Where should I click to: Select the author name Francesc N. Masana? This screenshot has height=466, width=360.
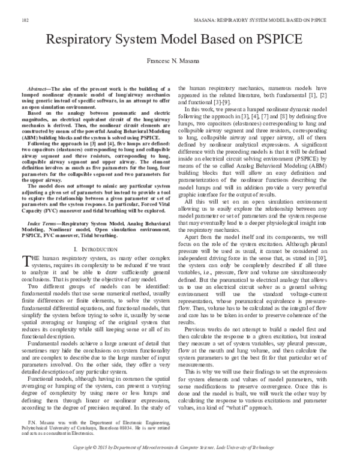coord(179,62)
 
